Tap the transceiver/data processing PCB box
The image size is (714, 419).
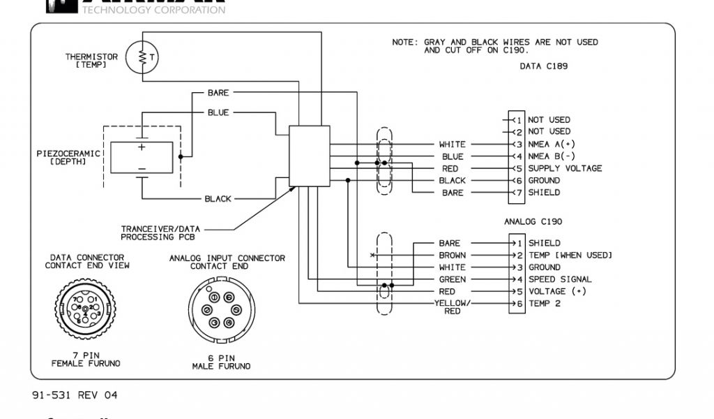pyautogui.click(x=309, y=156)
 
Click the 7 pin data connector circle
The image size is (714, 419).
pyautogui.click(x=84, y=307)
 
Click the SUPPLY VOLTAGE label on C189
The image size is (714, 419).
pyautogui.click(x=565, y=168)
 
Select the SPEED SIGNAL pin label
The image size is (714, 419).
pyautogui.click(x=560, y=279)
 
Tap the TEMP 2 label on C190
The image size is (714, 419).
pyautogui.click(x=544, y=303)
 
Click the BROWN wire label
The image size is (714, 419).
pyautogui.click(x=453, y=256)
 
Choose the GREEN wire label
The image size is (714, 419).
pyautogui.click(x=453, y=279)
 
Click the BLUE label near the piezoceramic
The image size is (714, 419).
pyautogui.click(x=218, y=112)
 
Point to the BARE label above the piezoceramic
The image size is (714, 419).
pyautogui.click(x=218, y=93)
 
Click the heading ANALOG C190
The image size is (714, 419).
pyautogui.click(x=533, y=221)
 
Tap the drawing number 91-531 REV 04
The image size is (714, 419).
pyautogui.click(x=75, y=395)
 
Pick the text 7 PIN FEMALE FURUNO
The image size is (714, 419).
pyautogui.click(x=86, y=360)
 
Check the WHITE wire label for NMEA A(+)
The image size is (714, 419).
pyautogui.click(x=452, y=145)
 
